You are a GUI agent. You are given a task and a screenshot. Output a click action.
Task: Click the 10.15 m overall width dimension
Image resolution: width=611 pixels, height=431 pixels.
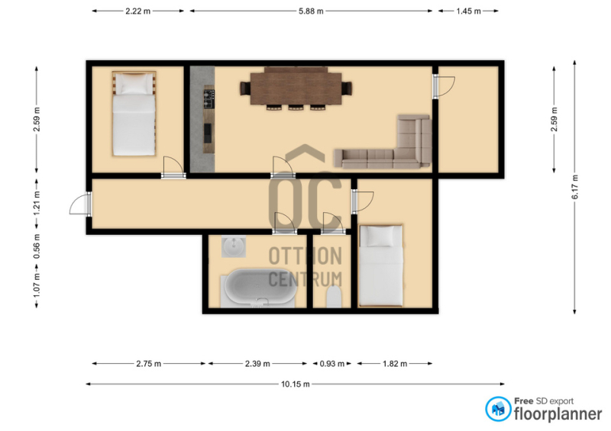(x=296, y=384)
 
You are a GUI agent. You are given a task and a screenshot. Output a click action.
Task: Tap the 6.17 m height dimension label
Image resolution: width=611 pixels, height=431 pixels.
(x=575, y=187)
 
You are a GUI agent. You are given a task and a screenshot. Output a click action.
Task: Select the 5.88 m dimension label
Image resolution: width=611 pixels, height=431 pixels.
(x=311, y=11)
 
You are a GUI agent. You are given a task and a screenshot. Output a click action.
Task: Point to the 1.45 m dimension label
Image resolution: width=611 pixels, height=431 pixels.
(x=468, y=11)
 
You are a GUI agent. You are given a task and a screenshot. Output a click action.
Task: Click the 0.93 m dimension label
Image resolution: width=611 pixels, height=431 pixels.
(x=332, y=364)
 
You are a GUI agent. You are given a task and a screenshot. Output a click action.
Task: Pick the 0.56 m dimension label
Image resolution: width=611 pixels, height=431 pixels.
(x=37, y=246)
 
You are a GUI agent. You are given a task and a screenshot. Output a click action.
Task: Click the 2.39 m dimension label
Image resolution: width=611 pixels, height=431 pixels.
(x=257, y=364)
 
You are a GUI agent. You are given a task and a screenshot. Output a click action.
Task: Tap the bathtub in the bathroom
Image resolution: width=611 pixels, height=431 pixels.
(x=260, y=288)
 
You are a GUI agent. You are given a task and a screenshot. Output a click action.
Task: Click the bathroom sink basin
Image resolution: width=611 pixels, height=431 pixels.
(x=234, y=246)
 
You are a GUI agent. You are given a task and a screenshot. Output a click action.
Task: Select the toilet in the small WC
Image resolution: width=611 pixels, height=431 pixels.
(x=334, y=297)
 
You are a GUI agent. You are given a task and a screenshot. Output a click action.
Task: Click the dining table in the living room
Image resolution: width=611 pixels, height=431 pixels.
(x=296, y=88)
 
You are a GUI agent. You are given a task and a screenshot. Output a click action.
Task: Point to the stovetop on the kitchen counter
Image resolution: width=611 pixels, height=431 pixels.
(x=209, y=99)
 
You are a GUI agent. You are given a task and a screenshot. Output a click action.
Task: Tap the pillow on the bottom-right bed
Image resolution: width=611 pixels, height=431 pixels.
(x=380, y=236)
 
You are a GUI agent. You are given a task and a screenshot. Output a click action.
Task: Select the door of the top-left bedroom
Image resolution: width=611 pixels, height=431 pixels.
(x=173, y=167)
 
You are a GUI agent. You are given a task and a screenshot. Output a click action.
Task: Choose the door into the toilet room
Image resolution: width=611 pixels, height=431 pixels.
(x=333, y=223)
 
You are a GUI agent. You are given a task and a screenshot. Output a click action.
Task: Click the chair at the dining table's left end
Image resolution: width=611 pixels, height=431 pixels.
(x=245, y=88)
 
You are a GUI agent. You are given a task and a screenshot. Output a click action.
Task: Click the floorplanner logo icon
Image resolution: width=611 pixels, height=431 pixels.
(x=498, y=409)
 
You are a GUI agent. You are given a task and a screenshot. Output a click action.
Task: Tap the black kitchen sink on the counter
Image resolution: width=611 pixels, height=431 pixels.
(x=208, y=133)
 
